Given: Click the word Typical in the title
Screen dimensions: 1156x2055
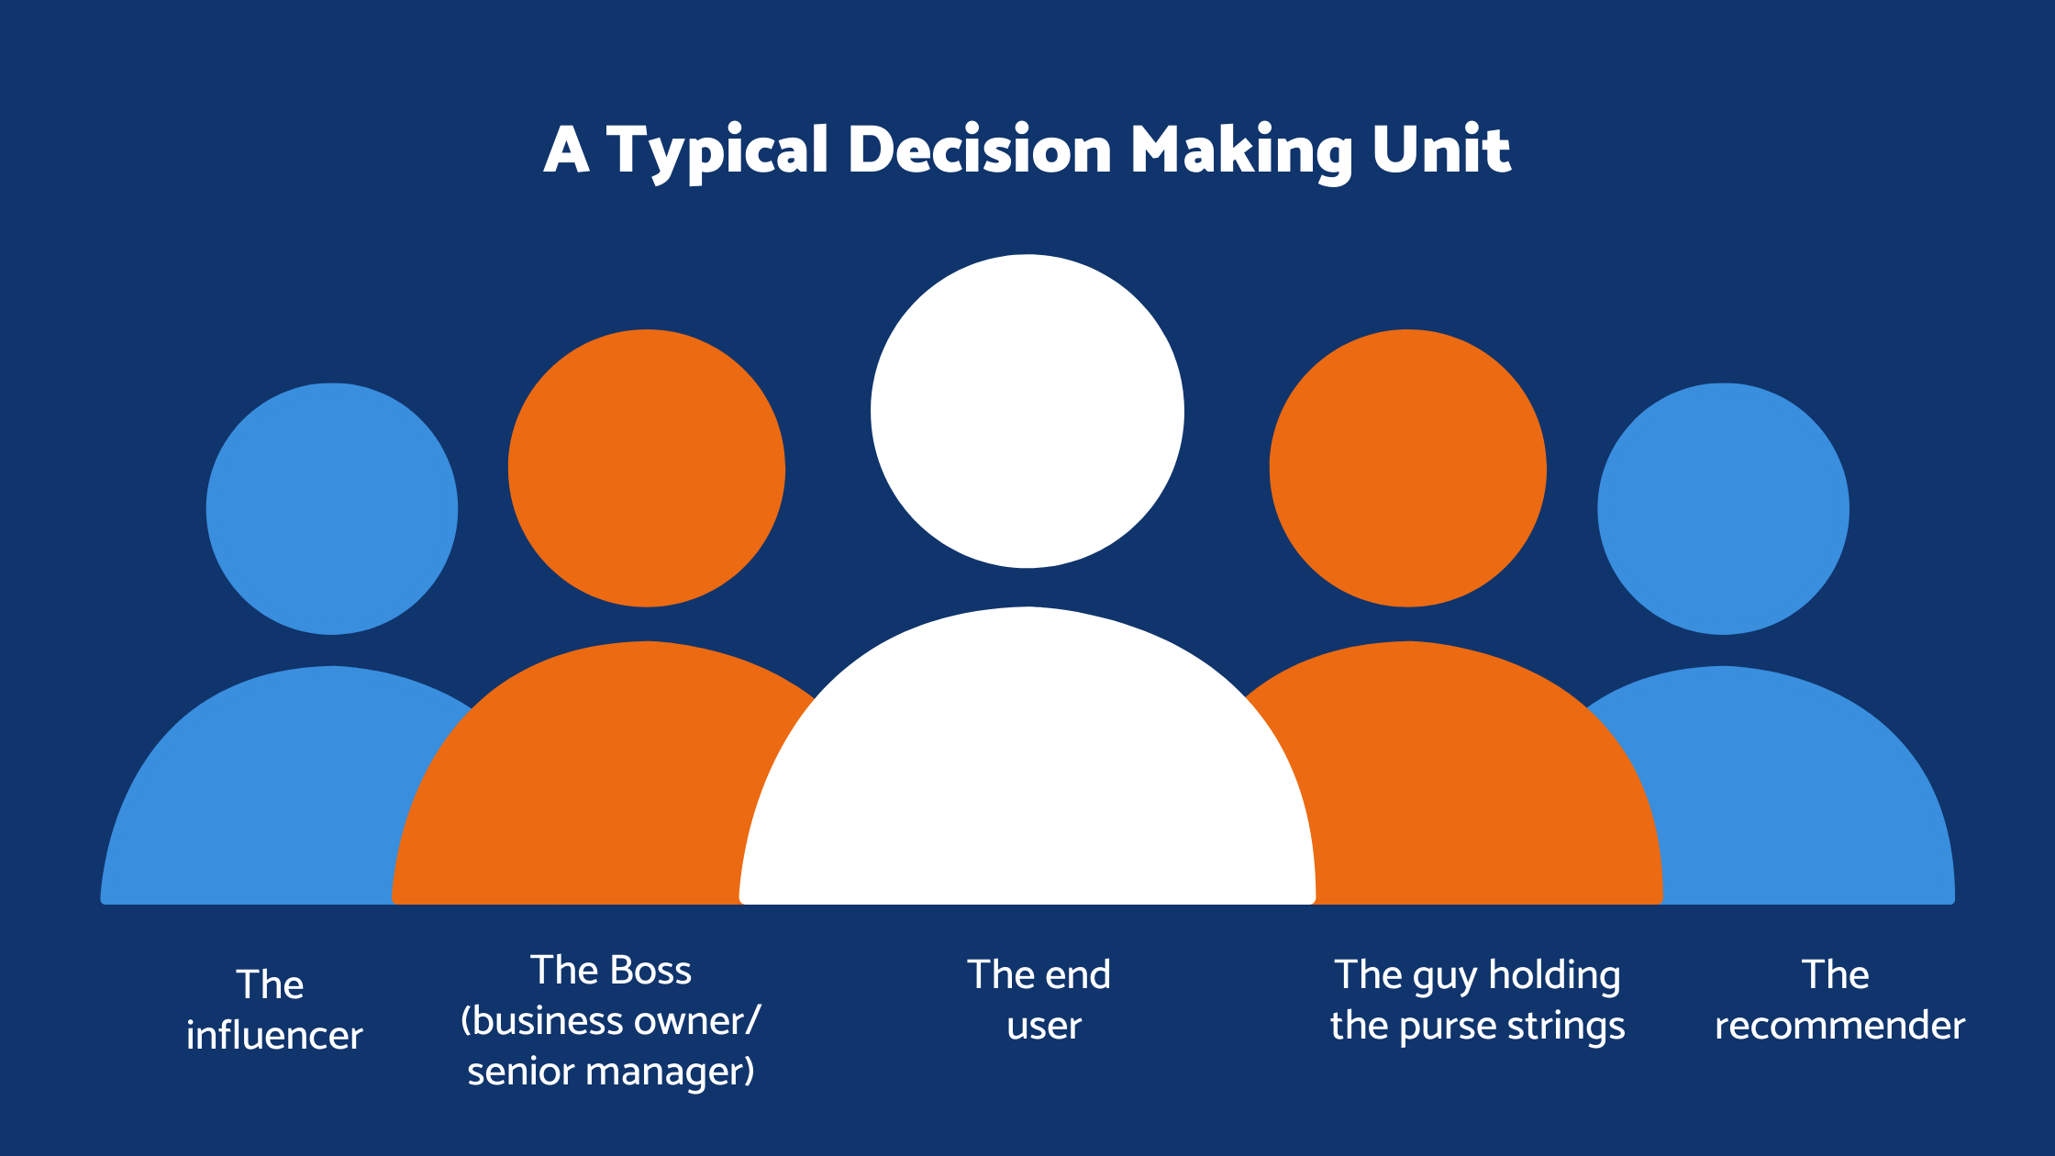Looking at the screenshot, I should click(x=716, y=150).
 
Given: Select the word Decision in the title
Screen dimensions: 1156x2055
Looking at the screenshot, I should click(x=979, y=149).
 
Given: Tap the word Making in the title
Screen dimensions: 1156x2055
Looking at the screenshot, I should click(x=1239, y=150).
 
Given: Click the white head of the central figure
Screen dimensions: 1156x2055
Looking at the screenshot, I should click(x=1027, y=411).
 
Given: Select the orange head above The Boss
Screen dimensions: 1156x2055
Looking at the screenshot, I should click(x=647, y=468).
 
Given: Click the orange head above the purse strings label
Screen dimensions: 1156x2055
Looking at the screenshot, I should click(x=1407, y=468).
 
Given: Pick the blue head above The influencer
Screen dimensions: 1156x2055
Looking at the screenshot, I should click(x=332, y=509).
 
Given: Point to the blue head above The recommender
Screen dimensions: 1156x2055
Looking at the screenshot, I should click(x=1723, y=509).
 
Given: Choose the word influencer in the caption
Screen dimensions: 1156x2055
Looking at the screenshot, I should click(x=274, y=1035).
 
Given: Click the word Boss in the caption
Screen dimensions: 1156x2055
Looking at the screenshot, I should click(x=650, y=971).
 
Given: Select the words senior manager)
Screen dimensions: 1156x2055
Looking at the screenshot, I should click(x=610, y=1072).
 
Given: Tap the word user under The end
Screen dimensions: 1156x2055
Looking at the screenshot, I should click(x=1044, y=1026).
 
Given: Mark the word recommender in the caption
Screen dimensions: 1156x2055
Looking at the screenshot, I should click(x=1839, y=1026).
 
